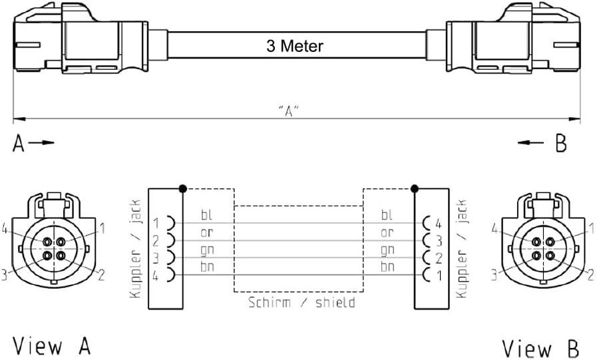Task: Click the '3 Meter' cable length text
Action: pyautogui.click(x=295, y=46)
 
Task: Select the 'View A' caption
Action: pyautogui.click(x=51, y=346)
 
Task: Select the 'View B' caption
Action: pyautogui.click(x=540, y=348)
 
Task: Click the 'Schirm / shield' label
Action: pyautogui.click(x=301, y=303)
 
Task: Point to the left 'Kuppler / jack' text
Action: pyautogui.click(x=136, y=249)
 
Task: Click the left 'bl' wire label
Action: pyautogui.click(x=207, y=215)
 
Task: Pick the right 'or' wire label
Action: pyautogui.click(x=387, y=232)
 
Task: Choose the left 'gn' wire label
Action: pyautogui.click(x=207, y=250)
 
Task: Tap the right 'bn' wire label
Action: pyautogui.click(x=387, y=267)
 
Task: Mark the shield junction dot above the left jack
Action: pyautogui.click(x=182, y=188)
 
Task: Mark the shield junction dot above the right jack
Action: pyautogui.click(x=414, y=188)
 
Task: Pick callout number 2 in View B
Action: pyautogui.click(x=590, y=273)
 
